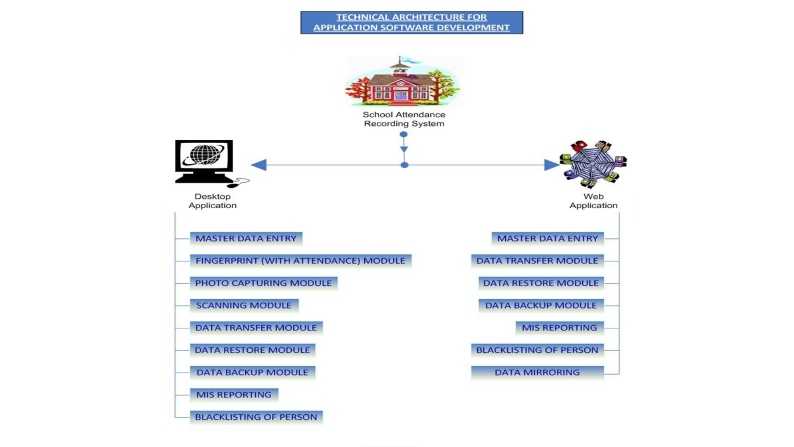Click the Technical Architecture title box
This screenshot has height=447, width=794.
click(411, 22)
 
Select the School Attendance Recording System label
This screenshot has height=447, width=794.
click(404, 119)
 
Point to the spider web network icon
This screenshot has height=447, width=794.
click(593, 164)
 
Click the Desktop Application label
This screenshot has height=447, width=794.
click(213, 201)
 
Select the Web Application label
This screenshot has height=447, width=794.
click(593, 201)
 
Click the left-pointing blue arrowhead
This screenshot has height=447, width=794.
click(259, 165)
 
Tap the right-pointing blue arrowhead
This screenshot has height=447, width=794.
click(552, 165)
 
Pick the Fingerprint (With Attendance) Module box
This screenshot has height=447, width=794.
click(300, 261)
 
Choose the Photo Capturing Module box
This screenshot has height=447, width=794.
click(263, 283)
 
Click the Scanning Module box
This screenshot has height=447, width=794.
click(244, 305)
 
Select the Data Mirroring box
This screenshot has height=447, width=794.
click(537, 372)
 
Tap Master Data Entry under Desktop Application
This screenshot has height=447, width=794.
click(246, 238)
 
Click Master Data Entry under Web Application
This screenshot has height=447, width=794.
click(548, 238)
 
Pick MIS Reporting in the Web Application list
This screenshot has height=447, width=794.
click(560, 328)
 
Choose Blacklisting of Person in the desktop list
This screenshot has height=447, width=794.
click(256, 417)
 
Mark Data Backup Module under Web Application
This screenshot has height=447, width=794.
click(541, 305)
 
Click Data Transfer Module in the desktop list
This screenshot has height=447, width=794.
click(256, 328)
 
